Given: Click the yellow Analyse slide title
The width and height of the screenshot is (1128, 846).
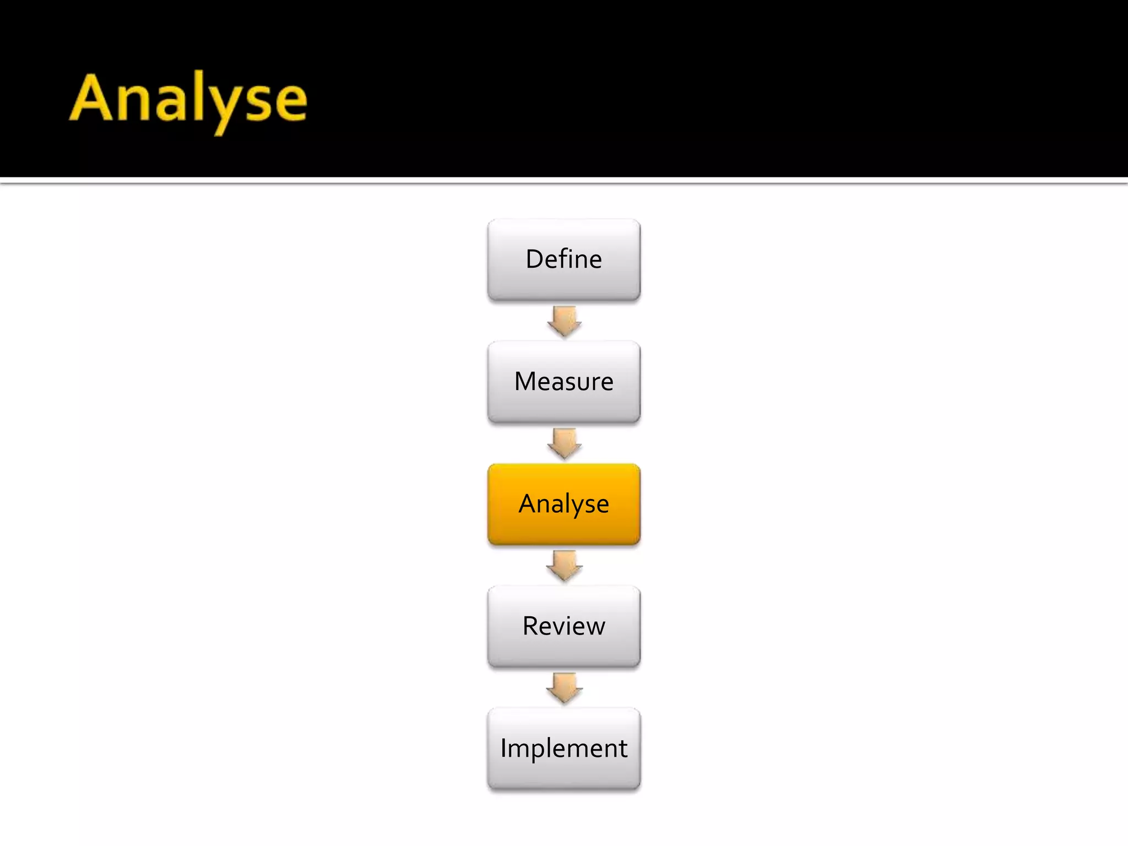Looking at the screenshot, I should [x=188, y=99].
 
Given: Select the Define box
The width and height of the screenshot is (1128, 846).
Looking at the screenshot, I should [x=563, y=259].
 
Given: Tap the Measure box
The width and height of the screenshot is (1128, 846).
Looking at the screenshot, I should [x=563, y=382].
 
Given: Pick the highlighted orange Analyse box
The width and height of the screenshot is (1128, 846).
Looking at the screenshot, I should [x=563, y=504].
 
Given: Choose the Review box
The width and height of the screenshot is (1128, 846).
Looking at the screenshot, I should [x=563, y=626].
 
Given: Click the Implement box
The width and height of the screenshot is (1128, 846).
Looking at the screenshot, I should [x=563, y=749].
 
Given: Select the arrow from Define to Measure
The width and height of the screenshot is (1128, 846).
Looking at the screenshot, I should [x=564, y=321].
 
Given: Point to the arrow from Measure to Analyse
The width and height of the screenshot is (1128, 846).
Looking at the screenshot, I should [x=564, y=443].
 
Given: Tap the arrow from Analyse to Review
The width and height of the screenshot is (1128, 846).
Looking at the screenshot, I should [x=564, y=566].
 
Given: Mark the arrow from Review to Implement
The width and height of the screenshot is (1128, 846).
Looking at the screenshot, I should [x=564, y=688].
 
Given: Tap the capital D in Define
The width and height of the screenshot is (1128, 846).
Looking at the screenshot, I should [x=535, y=259].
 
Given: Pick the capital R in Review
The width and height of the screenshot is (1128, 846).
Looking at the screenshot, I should [x=530, y=626].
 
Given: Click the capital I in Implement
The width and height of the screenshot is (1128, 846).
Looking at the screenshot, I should [x=503, y=748].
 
